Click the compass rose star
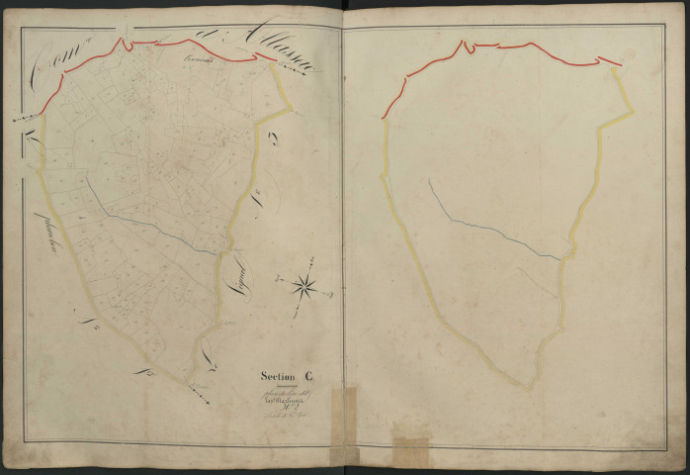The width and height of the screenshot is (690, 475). click(x=305, y=287)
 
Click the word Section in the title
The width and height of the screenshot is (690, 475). click(x=277, y=375)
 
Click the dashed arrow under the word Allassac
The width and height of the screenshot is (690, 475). click(x=287, y=63)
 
